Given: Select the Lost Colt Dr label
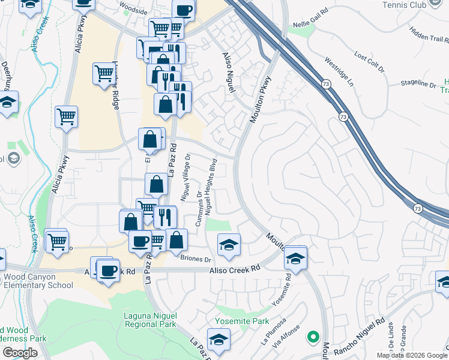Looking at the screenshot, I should click(x=369, y=62).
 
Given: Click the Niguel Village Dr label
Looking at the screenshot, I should click(x=185, y=176).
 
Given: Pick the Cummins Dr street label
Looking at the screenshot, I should click(x=199, y=209).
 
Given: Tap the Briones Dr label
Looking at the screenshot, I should click(x=196, y=259).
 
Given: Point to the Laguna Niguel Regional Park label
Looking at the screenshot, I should click(x=150, y=320).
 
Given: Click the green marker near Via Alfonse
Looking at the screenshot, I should click(x=312, y=337).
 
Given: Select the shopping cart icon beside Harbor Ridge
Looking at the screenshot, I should click(x=104, y=74).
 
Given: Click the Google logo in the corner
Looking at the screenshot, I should click(x=20, y=352).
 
